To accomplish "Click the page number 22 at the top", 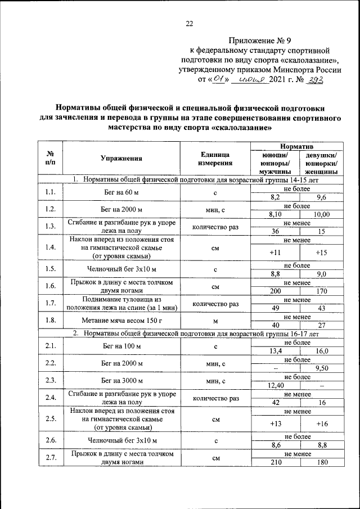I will coord(189,23).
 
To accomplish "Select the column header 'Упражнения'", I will coord(121,159).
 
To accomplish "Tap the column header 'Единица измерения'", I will coord(215,159).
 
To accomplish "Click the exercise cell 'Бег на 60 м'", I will coord(121,193).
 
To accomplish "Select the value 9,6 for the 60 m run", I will coord(321,197).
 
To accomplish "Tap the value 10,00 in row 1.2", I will coord(321,214).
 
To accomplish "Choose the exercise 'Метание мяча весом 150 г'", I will coord(121,320).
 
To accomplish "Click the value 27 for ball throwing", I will coord(321,325).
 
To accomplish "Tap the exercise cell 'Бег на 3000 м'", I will coord(121,381).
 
